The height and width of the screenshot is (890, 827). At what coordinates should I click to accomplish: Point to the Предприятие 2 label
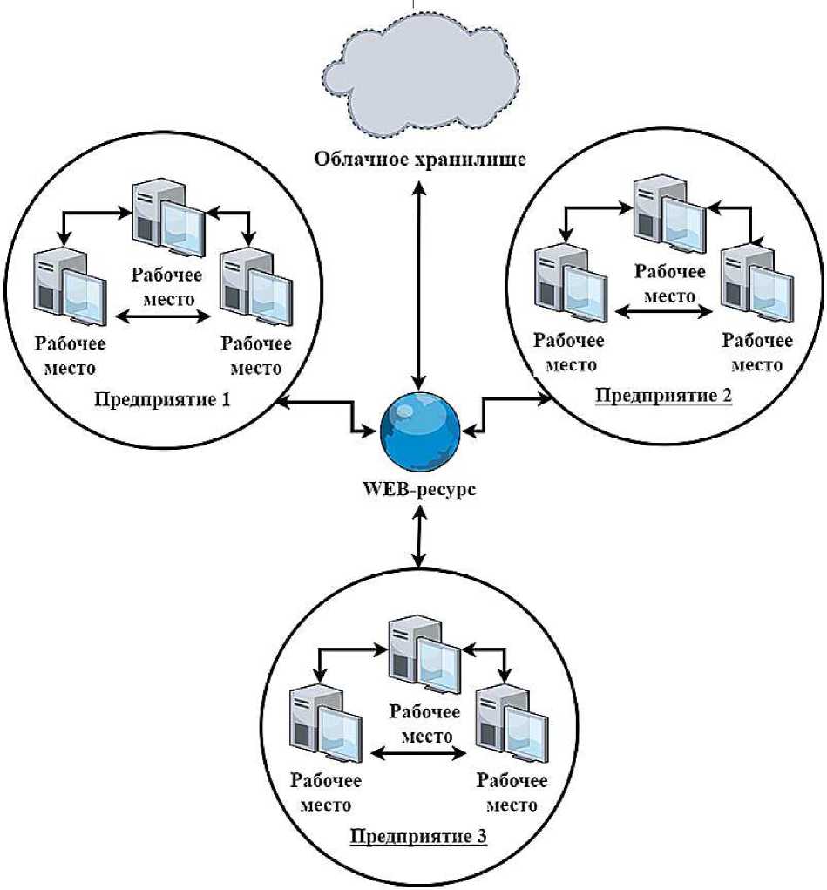pyautogui.click(x=663, y=395)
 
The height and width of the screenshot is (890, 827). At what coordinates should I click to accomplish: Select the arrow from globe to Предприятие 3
pyautogui.click(x=421, y=536)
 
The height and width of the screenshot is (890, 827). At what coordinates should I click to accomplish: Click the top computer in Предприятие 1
pyautogui.click(x=168, y=218)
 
